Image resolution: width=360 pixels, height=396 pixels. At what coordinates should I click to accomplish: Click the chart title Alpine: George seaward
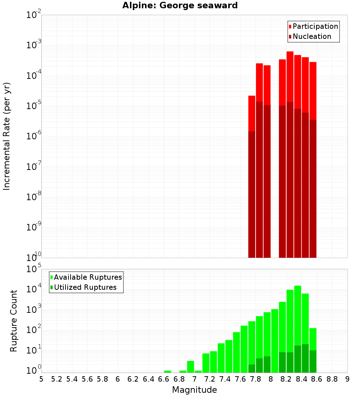tap(180, 5)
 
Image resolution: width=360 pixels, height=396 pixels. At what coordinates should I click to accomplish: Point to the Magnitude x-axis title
tap(194, 390)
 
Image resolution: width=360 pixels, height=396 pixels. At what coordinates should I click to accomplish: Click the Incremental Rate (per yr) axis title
tap(7, 136)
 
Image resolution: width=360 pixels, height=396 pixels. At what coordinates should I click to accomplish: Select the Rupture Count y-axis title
tap(14, 321)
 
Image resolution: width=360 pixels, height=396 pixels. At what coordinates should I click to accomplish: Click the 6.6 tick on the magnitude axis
tap(164, 379)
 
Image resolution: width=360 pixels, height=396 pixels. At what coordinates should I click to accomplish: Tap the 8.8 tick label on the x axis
tap(332, 379)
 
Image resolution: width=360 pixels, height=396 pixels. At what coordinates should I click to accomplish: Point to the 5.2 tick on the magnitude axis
tap(57, 379)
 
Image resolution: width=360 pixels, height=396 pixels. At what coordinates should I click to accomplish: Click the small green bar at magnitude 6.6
tap(167, 371)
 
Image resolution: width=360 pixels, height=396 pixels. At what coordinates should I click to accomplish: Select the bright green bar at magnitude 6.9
tap(190, 366)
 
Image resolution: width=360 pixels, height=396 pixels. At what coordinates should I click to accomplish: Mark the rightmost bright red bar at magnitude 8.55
tap(313, 90)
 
